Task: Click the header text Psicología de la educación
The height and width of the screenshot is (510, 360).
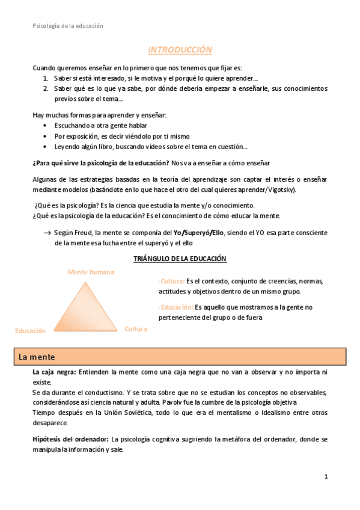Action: click(67, 26)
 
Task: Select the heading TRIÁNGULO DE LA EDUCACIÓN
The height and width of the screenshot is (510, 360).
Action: click(179, 259)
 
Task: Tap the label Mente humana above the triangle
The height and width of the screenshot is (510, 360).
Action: click(91, 272)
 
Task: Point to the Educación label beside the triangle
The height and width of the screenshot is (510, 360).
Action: click(30, 331)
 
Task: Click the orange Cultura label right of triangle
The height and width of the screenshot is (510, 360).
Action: click(135, 329)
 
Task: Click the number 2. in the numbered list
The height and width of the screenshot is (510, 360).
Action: click(46, 88)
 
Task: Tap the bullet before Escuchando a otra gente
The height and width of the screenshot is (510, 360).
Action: click(46, 125)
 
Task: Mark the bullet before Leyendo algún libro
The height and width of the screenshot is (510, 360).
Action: click(46, 146)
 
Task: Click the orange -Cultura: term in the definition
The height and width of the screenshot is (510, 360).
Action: click(171, 281)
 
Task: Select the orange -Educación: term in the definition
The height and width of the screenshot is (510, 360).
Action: click(175, 307)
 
